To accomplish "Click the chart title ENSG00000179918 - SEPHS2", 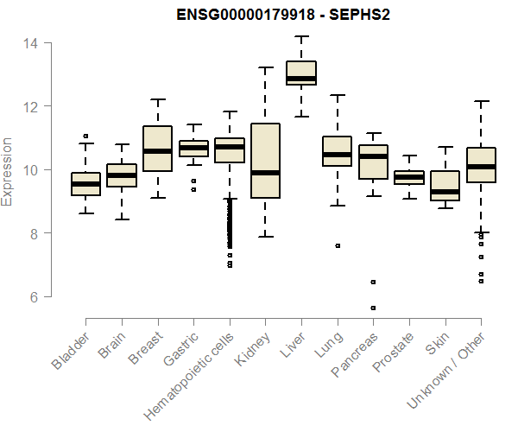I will click(x=260, y=16).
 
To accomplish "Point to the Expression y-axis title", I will click(x=8, y=170).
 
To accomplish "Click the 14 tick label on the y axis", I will click(x=30, y=43).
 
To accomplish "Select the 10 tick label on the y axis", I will click(x=30, y=170).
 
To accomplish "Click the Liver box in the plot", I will click(x=301, y=73).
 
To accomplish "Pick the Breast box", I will click(x=157, y=149).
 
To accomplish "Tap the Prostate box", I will click(x=409, y=177).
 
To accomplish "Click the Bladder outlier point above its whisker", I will click(x=85, y=136).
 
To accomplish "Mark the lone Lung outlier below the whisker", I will click(x=338, y=245).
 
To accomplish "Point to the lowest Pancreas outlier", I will click(x=374, y=308).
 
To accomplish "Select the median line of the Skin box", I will click(x=445, y=192).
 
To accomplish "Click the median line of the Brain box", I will click(x=122, y=175).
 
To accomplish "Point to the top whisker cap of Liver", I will click(x=301, y=36).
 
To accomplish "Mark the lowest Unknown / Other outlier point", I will click(x=481, y=281).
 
